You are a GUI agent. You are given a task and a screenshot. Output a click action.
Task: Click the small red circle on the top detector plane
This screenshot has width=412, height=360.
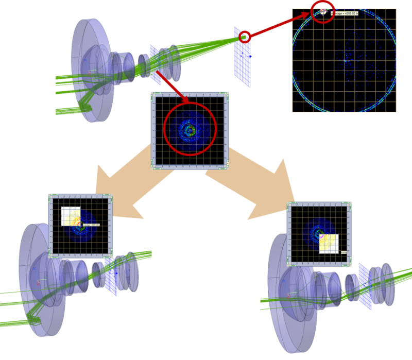point(245,37)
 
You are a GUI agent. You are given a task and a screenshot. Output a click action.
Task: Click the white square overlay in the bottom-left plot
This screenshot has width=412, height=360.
point(71,216)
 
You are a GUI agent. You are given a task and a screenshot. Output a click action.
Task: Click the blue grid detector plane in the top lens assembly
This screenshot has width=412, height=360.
point(242,57)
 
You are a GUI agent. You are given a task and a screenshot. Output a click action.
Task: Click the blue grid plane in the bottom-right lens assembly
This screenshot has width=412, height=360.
point(364,285)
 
